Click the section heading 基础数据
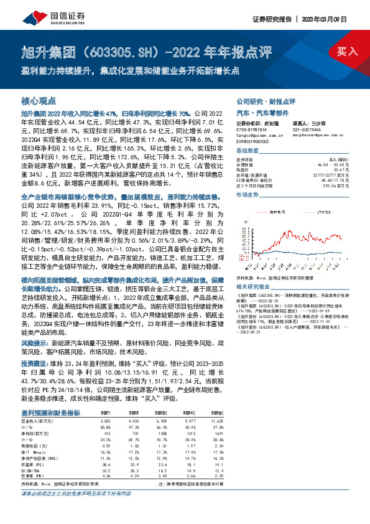(x=247, y=151)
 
